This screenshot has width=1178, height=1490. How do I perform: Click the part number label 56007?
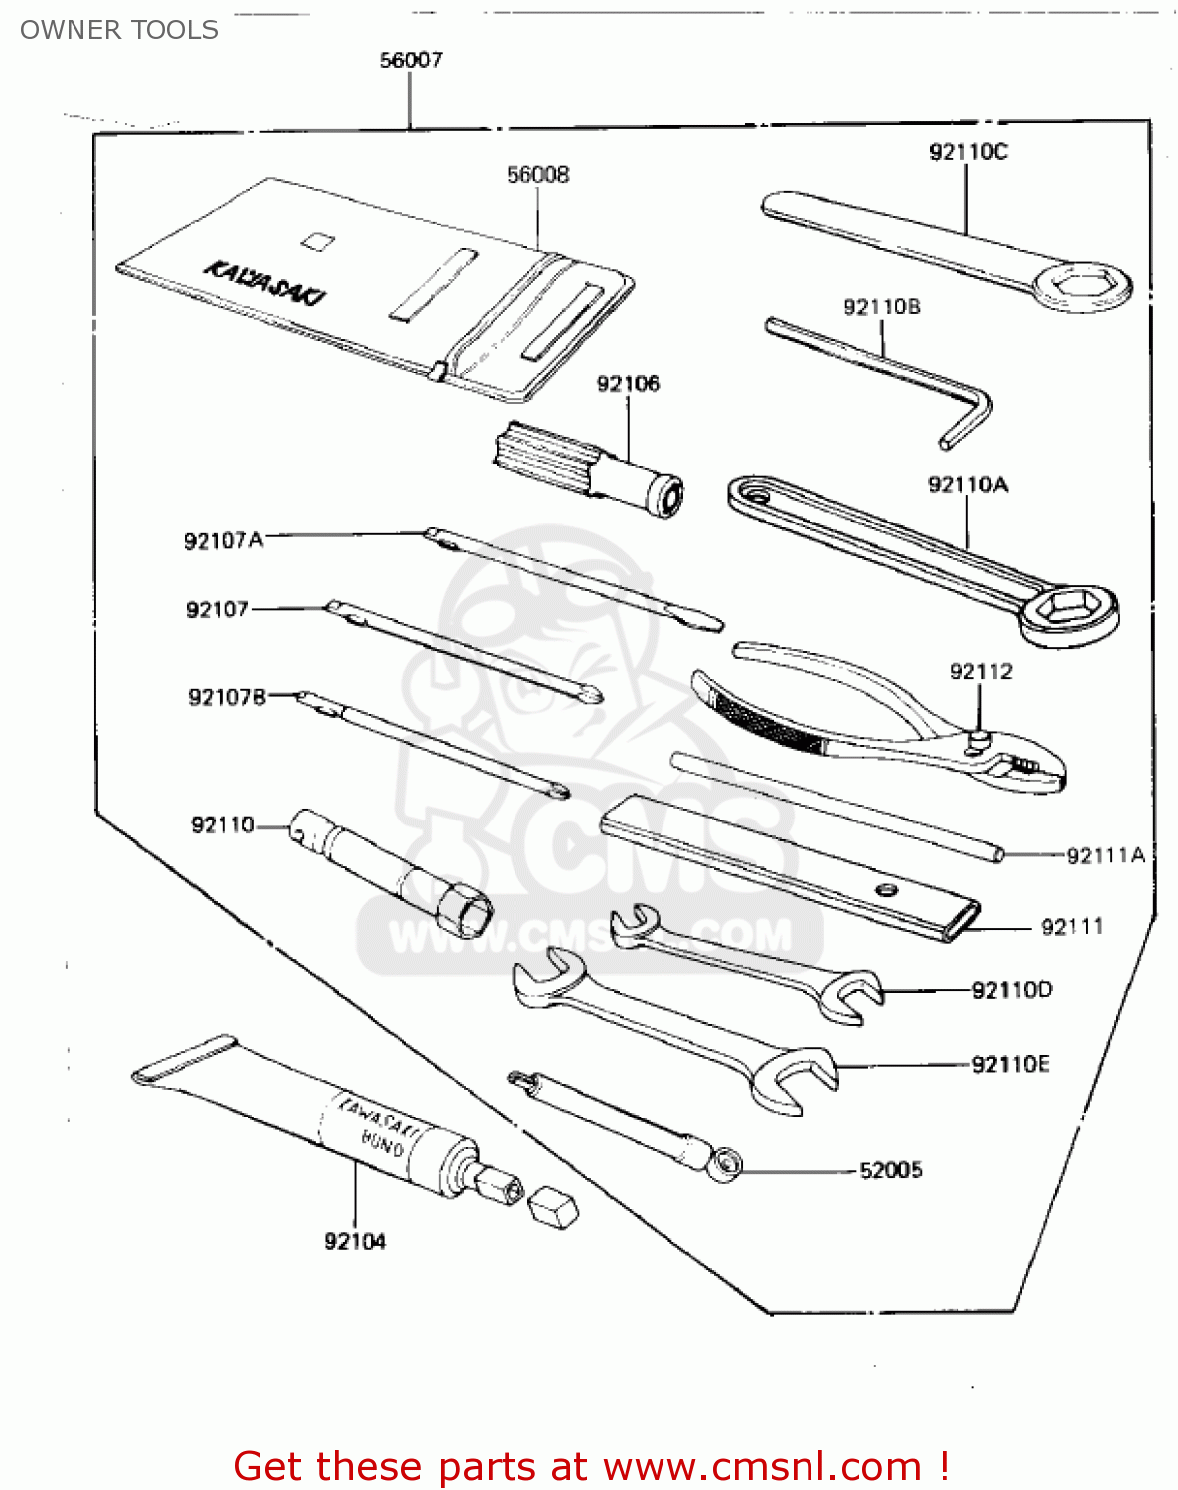[x=411, y=60]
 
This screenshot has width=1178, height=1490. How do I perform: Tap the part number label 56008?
[x=537, y=175]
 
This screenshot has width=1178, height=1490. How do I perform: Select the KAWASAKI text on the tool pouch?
[x=264, y=283]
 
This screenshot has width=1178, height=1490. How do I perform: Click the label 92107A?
[x=223, y=540]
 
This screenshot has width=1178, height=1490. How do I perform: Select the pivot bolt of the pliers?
[x=978, y=738]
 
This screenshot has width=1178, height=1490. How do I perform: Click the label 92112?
[x=980, y=671]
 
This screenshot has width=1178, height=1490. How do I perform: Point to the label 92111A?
[x=1104, y=855]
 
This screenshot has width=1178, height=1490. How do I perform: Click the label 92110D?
[x=1011, y=990]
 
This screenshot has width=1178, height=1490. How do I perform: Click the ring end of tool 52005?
[x=727, y=1164]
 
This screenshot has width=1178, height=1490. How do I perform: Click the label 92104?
[x=355, y=1241]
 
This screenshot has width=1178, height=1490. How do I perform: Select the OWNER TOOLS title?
[x=119, y=30]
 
